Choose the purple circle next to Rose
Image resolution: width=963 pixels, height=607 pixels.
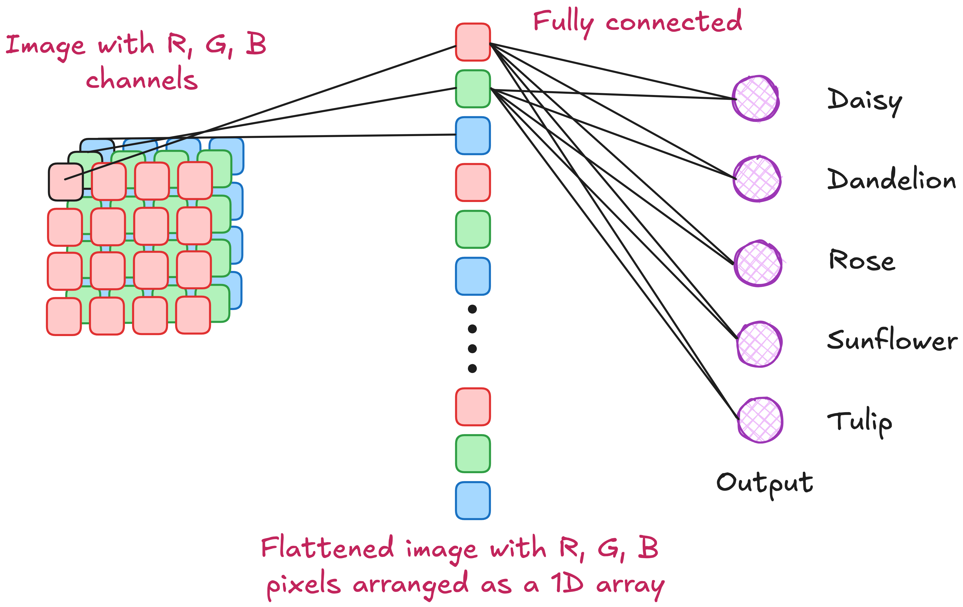point(758,264)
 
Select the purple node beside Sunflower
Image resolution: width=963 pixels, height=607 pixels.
point(759,344)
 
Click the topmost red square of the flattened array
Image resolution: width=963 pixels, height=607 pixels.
point(473,42)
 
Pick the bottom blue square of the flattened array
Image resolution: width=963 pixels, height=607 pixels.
point(473,501)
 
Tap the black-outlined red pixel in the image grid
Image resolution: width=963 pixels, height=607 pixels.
point(66,182)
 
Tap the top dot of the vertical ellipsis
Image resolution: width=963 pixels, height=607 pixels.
point(472,309)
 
